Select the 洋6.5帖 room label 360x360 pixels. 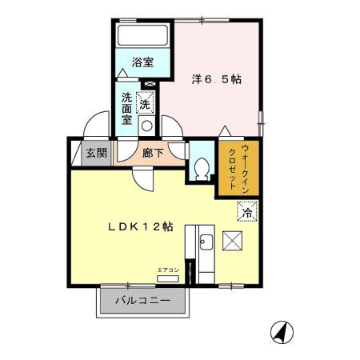[x=216, y=80]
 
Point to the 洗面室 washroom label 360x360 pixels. [x=127, y=109]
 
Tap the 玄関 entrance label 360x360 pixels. [x=96, y=153]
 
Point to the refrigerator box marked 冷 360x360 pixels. [x=248, y=212]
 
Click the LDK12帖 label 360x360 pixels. [x=141, y=227]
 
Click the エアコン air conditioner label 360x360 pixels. [x=168, y=270]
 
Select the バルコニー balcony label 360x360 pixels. [x=142, y=302]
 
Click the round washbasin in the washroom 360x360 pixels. [x=146, y=126]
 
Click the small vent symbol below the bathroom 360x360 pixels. [x=149, y=83]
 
